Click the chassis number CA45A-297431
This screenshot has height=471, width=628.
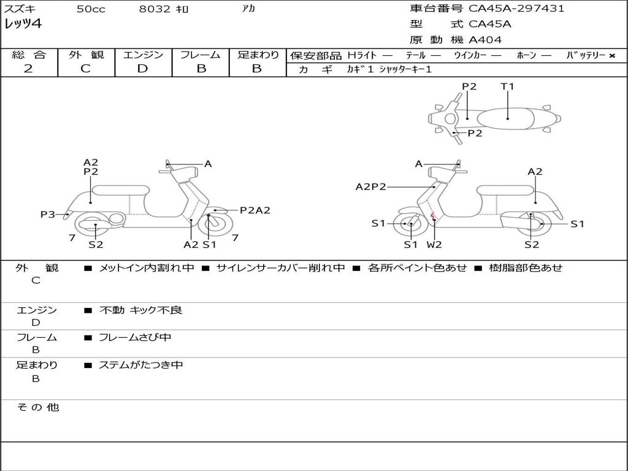click(x=516, y=9)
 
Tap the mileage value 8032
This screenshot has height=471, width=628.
click(x=154, y=9)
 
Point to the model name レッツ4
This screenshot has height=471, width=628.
click(x=23, y=25)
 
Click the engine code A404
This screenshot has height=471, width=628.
click(x=485, y=40)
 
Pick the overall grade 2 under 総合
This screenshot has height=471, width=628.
click(x=28, y=69)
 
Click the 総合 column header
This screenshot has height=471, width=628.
click(x=29, y=55)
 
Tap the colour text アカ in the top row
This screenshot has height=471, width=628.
click(x=248, y=9)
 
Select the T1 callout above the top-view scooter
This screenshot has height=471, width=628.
click(x=507, y=86)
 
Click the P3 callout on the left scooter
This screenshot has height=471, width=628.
click(x=48, y=214)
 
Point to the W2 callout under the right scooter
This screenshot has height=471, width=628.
click(x=434, y=245)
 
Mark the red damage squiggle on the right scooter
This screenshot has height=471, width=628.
click(x=433, y=216)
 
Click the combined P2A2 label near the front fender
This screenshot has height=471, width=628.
click(x=255, y=210)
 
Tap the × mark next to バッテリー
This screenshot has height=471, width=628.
click(x=611, y=56)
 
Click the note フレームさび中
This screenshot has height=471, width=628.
click(x=135, y=337)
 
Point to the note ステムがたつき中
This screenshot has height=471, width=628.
click(x=141, y=365)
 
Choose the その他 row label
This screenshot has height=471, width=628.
click(x=37, y=407)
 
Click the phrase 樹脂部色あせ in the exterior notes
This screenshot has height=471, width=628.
click(x=526, y=268)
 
